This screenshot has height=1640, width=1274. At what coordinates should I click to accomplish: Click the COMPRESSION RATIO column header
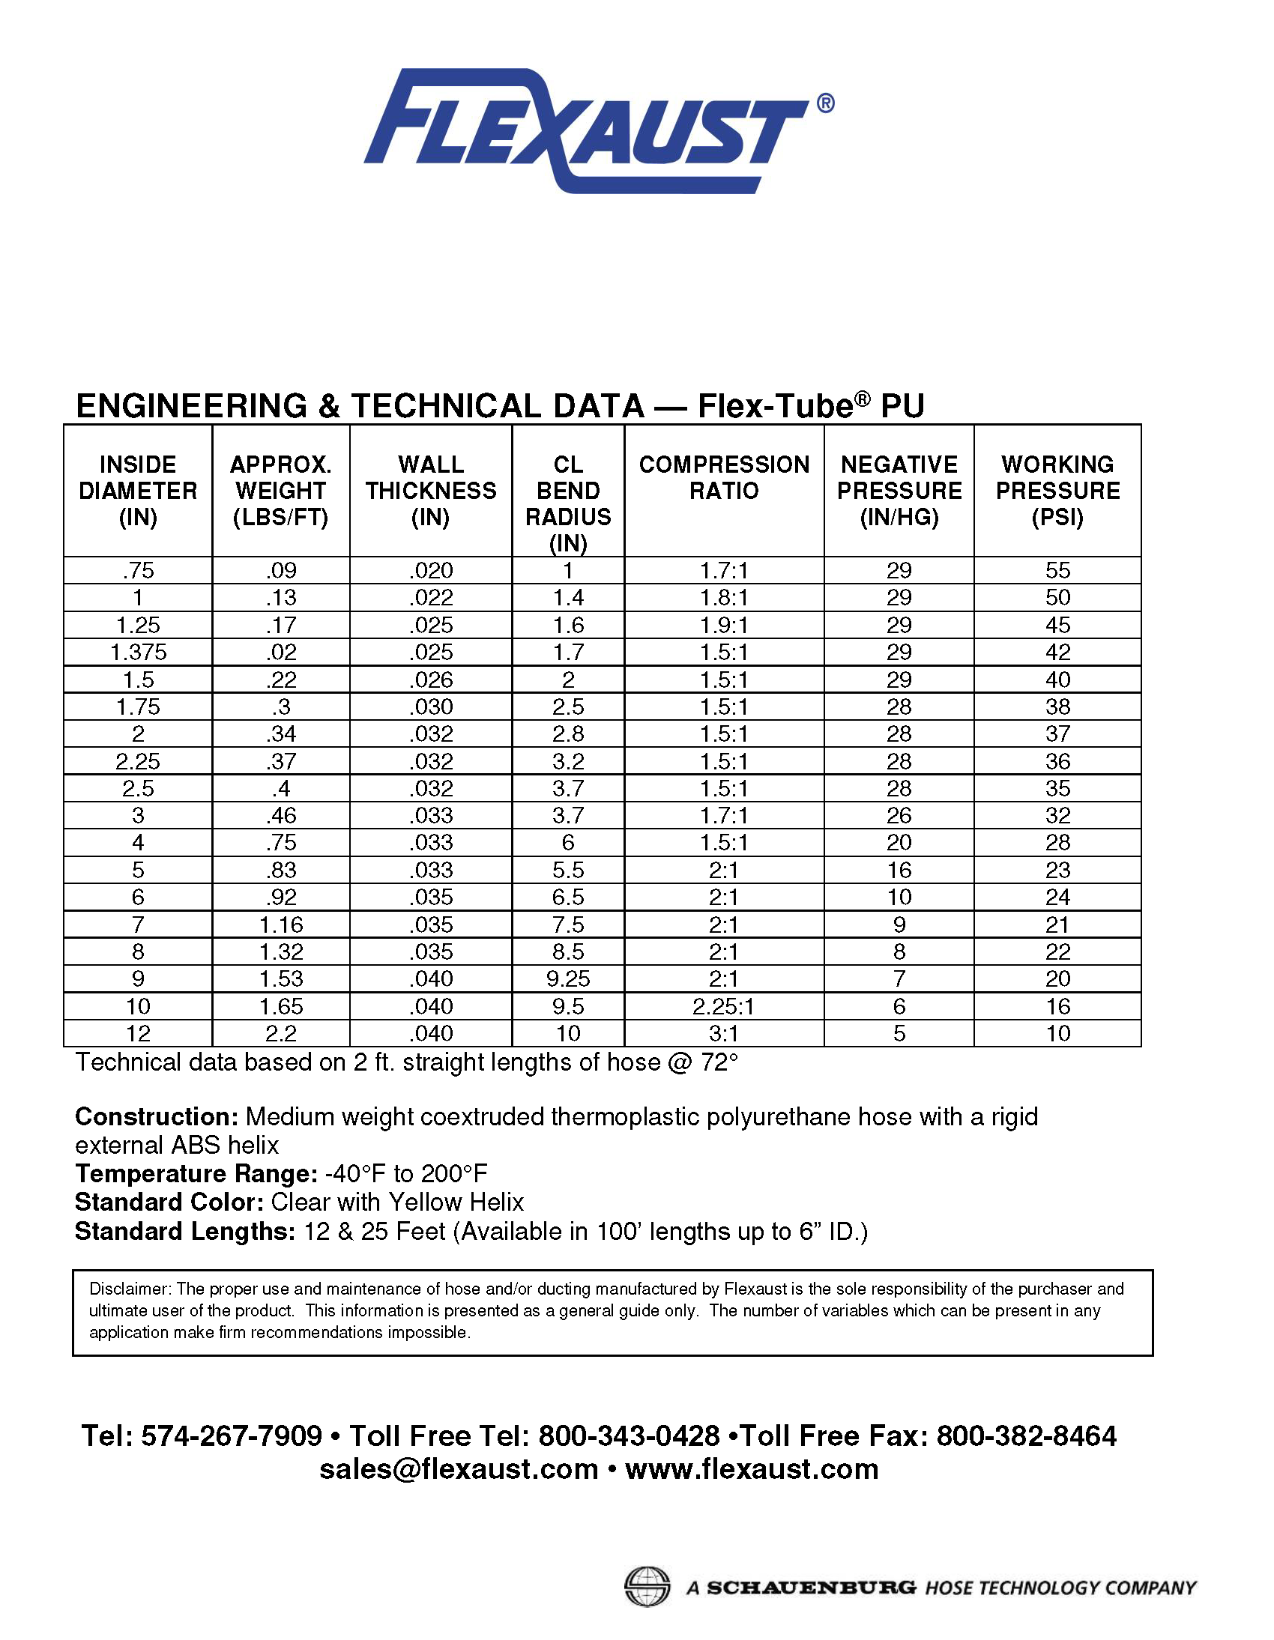724,477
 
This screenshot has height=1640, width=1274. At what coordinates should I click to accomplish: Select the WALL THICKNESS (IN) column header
431,490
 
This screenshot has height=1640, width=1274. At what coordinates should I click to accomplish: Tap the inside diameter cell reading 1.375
138,652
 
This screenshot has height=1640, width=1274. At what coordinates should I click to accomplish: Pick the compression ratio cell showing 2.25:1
723,1006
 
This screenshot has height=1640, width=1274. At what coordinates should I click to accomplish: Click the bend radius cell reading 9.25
568,978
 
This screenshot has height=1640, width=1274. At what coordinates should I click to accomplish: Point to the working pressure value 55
1057,570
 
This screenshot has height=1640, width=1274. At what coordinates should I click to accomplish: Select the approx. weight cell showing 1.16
281,925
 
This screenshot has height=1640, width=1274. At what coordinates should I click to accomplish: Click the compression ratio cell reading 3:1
723,1033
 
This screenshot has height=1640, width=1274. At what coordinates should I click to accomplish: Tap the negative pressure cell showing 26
899,815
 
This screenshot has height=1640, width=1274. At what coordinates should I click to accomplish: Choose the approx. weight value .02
281,652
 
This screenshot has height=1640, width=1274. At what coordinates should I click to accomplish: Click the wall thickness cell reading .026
431,680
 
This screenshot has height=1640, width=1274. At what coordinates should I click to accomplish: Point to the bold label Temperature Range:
196,1173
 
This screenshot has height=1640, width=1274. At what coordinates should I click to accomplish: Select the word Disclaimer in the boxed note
130,1289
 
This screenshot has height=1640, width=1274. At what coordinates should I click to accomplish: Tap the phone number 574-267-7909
232,1435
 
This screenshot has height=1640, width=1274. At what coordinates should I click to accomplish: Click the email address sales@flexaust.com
458,1468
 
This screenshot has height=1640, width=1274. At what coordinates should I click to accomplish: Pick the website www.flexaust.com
751,1468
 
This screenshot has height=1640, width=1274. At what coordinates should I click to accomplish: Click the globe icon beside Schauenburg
647,1588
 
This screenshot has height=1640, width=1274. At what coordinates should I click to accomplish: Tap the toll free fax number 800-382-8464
1026,1435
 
